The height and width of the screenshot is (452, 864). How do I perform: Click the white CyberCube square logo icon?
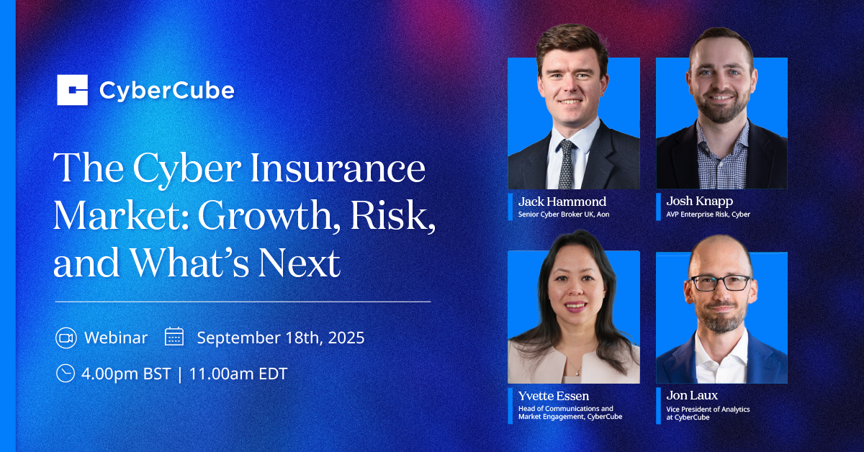73,90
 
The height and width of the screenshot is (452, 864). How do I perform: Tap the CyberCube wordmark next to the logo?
167,91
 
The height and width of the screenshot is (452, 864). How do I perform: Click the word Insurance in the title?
338,168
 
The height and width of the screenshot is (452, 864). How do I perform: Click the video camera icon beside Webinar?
66,338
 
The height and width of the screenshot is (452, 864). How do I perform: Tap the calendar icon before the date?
174,337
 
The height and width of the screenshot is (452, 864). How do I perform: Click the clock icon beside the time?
66,374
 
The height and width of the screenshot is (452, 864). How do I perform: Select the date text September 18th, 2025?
281,338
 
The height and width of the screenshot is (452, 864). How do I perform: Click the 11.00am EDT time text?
238,374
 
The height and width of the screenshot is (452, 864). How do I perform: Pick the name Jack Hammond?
562,202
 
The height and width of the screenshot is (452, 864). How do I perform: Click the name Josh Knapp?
699,202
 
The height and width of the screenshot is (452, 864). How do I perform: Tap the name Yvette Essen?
554,396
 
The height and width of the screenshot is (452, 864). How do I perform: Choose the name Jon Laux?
692,395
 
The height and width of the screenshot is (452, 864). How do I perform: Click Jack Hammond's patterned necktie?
566,164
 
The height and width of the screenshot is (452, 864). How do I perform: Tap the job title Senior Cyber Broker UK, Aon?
564,214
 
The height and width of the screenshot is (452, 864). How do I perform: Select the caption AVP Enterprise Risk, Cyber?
708,214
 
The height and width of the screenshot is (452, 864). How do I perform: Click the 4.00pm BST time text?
126,374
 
